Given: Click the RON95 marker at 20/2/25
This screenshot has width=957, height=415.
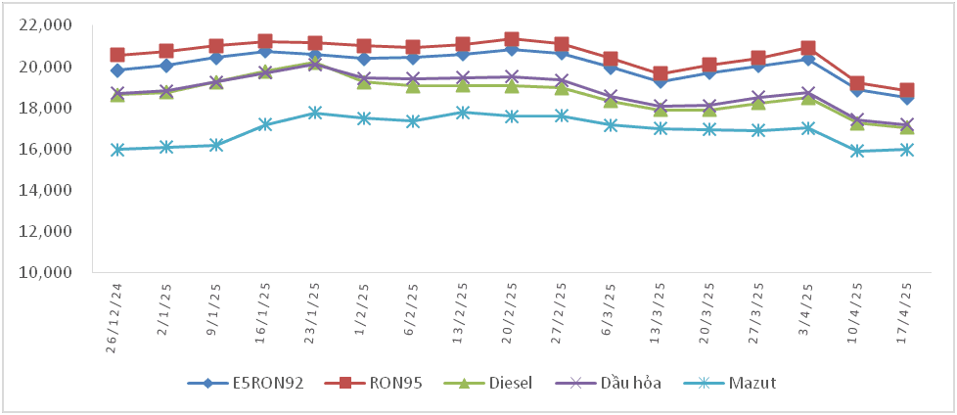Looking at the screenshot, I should [x=512, y=39].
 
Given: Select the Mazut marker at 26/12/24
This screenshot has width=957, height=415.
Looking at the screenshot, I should [x=117, y=150].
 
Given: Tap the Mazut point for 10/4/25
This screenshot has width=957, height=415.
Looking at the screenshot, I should [x=858, y=151].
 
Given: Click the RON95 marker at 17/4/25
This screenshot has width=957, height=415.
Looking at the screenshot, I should [x=907, y=90].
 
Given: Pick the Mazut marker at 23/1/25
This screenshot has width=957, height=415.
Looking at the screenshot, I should [x=314, y=113].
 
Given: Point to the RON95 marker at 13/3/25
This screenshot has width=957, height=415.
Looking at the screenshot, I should [x=661, y=73].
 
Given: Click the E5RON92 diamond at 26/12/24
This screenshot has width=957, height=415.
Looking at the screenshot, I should [x=117, y=70].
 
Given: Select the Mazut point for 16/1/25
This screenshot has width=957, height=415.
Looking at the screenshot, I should [x=265, y=124].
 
